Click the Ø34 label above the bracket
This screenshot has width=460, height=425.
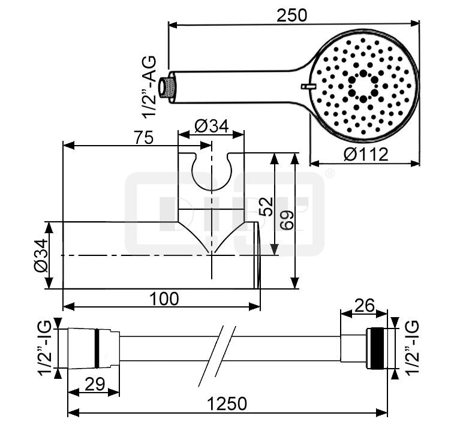(212, 126)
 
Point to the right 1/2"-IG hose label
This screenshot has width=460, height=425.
(412, 348)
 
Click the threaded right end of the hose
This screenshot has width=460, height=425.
(377, 348)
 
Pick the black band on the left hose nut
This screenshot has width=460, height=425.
(95, 348)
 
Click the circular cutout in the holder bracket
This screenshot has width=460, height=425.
(212, 170)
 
